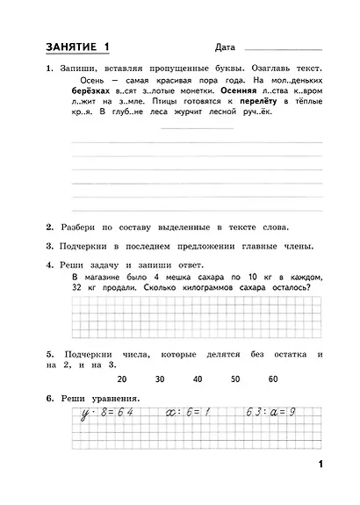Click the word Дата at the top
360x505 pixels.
(225, 47)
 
